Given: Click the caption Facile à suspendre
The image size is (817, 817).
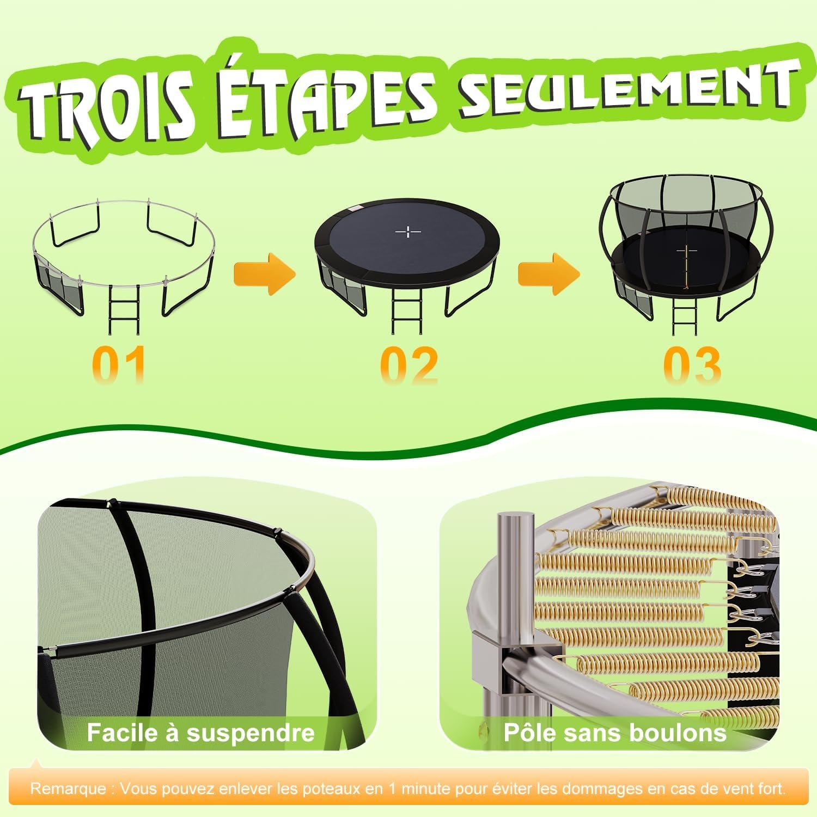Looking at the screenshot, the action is (x=201, y=733).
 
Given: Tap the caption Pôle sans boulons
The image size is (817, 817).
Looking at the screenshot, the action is (x=615, y=733).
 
